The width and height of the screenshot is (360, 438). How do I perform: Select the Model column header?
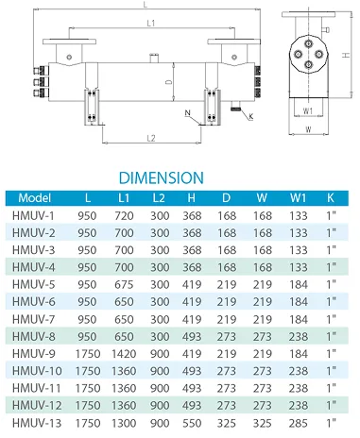click(x=35, y=198)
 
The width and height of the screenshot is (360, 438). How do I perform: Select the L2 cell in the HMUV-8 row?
click(x=158, y=335)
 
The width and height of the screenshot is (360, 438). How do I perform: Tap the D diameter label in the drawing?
click(x=168, y=84)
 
